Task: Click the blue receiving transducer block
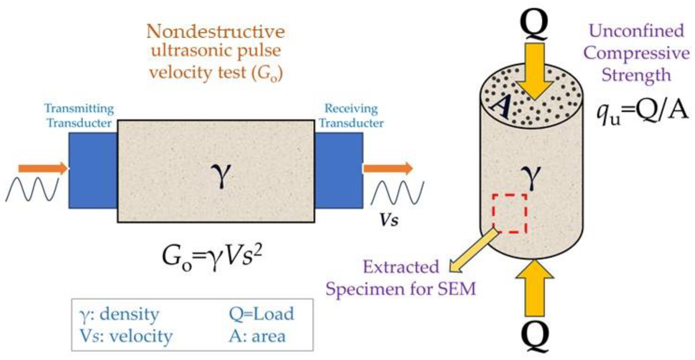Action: point(339,171)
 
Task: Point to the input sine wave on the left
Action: point(32,189)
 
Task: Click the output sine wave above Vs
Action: point(397,192)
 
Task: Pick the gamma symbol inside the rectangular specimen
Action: point(221,176)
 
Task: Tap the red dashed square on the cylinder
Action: point(510,213)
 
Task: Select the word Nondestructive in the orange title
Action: point(215,32)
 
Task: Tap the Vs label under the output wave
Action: point(389,220)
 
